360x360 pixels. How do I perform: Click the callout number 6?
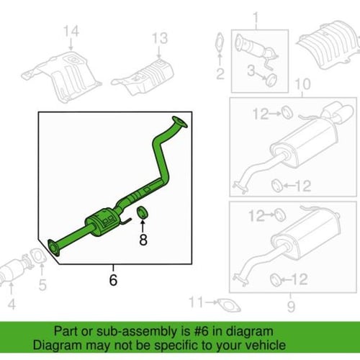point(113,279)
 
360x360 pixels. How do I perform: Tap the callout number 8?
point(143,240)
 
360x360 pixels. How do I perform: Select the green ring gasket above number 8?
point(143,212)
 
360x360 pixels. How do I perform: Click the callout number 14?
point(71,31)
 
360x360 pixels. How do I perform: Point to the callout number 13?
point(160,38)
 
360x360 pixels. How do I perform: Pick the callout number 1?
point(256,19)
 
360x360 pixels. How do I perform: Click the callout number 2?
point(220,73)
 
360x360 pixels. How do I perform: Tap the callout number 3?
point(251,71)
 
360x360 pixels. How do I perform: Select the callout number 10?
point(302,84)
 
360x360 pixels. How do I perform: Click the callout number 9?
point(291,307)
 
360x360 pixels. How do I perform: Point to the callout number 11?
point(196,302)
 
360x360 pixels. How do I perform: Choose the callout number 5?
point(42,285)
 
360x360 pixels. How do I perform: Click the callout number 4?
point(12,304)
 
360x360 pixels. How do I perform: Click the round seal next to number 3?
point(271,80)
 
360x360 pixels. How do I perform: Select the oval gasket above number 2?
point(220,42)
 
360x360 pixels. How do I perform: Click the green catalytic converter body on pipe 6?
point(102,222)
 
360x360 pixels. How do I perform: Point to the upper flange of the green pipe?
point(179,122)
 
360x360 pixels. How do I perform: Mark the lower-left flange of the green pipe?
point(53,248)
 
